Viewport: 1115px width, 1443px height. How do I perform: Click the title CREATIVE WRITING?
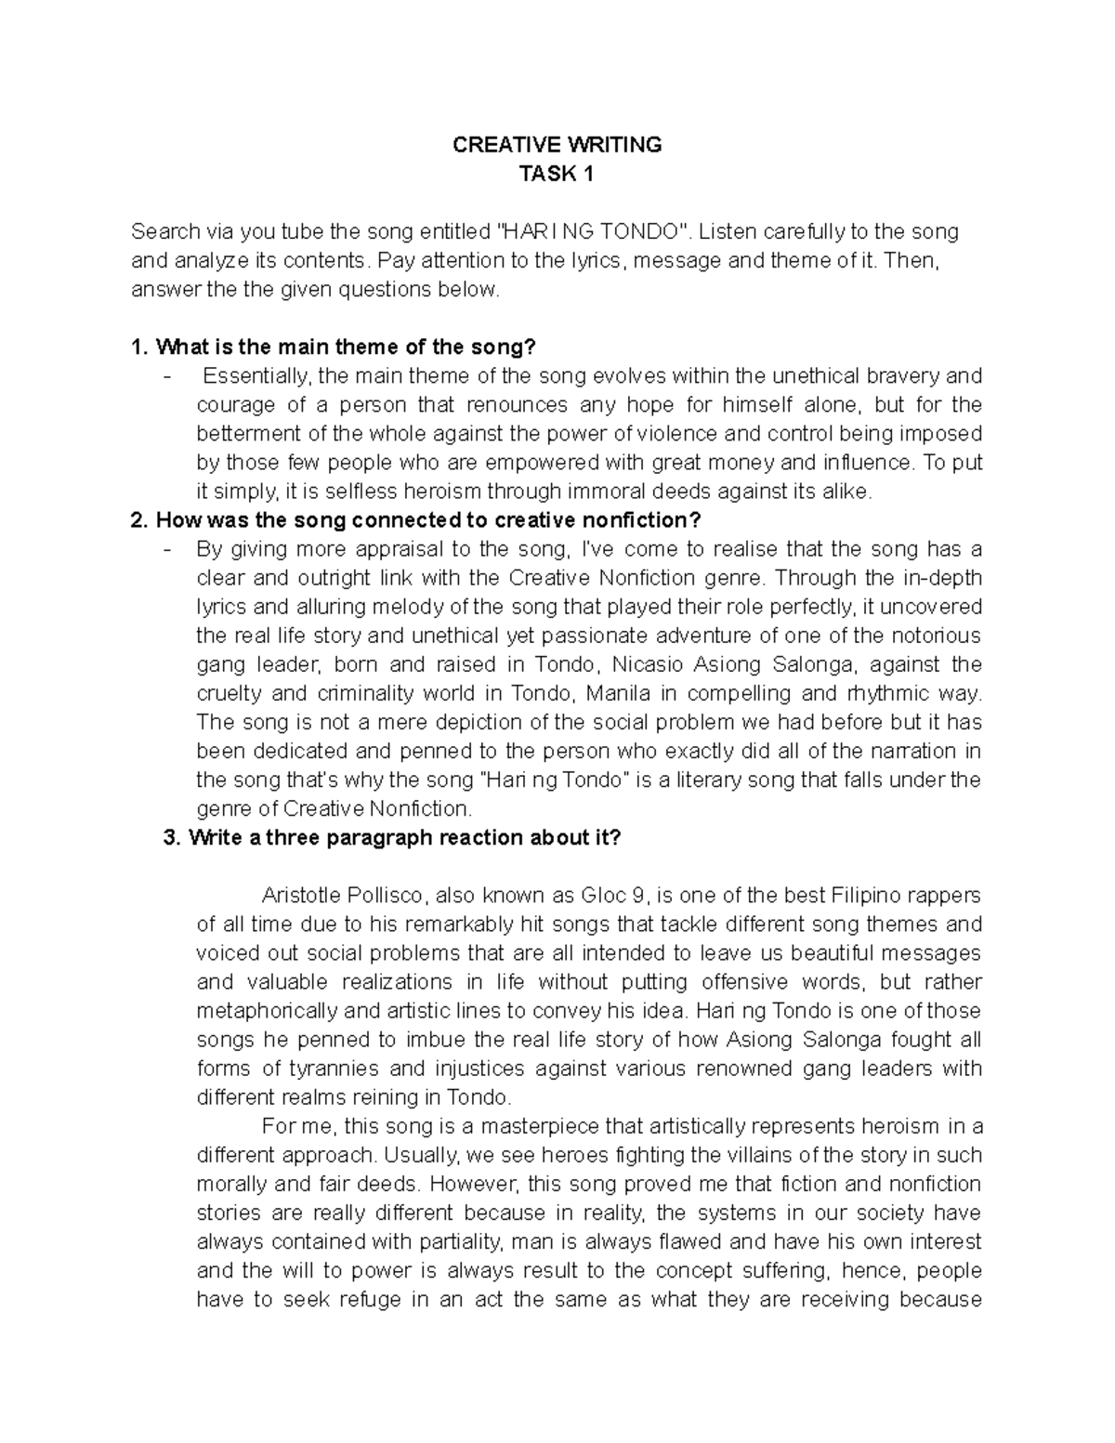point(557,145)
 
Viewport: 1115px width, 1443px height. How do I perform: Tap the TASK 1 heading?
point(557,174)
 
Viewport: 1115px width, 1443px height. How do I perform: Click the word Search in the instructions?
point(164,231)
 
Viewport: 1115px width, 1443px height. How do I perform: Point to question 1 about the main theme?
point(334,348)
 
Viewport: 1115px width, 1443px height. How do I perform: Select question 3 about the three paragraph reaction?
point(391,837)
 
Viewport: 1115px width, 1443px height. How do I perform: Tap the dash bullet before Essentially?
point(166,376)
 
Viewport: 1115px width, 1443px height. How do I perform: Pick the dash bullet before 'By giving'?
point(166,548)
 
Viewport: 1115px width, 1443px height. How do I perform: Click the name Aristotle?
point(303,896)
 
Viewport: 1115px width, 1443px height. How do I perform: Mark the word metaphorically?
point(268,1011)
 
